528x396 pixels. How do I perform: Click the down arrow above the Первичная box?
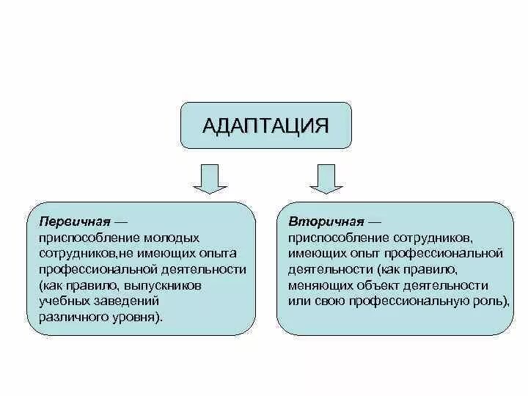click(x=209, y=178)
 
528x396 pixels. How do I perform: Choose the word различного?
click(x=73, y=317)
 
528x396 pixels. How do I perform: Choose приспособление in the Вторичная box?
click(x=334, y=238)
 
